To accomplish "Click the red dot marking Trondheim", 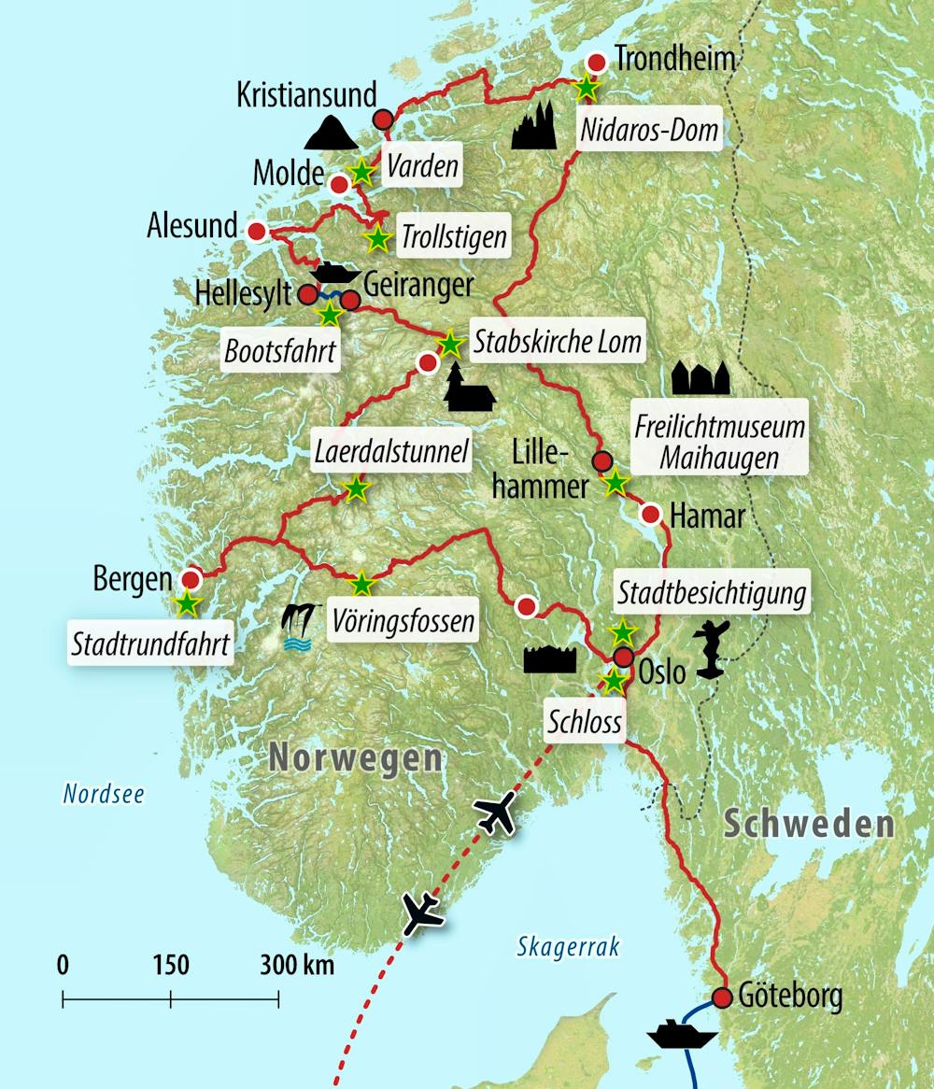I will [596, 63].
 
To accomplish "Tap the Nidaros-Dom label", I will [650, 130].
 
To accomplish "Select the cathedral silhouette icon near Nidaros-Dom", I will [535, 126].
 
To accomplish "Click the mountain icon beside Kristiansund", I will [331, 134].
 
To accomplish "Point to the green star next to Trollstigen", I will [377, 239].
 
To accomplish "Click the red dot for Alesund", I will [255, 231].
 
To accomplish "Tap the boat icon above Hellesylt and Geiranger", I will [336, 273].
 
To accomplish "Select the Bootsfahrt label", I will [279, 353].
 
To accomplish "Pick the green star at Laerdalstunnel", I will [355, 488].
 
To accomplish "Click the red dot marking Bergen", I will [192, 578].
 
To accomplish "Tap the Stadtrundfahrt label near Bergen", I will [150, 643].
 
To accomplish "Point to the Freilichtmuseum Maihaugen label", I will [719, 443].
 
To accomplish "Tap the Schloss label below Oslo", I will [584, 720].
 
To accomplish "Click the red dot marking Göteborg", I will [722, 997].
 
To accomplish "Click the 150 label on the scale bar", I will [170, 965].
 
